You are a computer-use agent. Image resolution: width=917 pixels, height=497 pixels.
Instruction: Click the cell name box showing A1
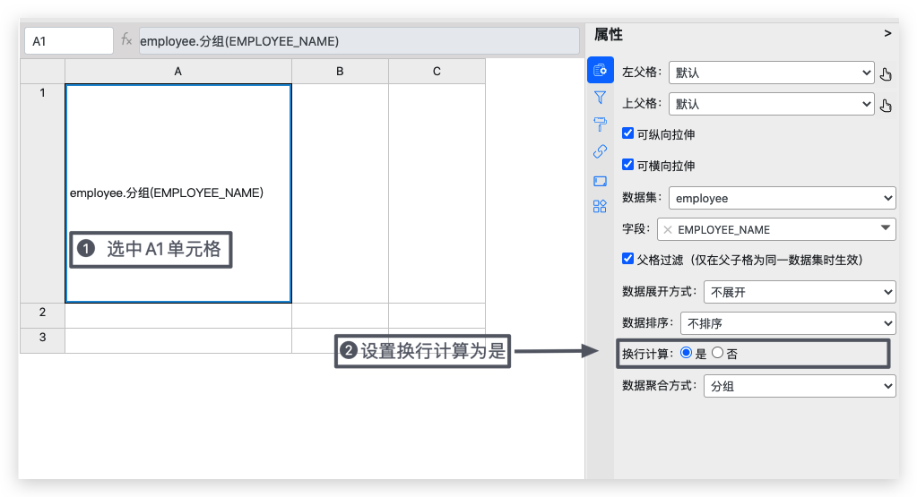pyautogui.click(x=69, y=41)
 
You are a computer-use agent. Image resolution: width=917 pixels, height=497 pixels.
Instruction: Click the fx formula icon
pyautogui.click(x=126, y=39)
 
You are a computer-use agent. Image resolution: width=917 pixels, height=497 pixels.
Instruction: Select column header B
pyautogui.click(x=340, y=72)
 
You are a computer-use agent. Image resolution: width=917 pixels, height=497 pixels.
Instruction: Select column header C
pyautogui.click(x=437, y=72)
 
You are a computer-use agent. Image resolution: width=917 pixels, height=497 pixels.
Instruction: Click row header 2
pyautogui.click(x=43, y=313)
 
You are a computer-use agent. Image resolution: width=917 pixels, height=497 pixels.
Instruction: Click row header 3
pyautogui.click(x=43, y=338)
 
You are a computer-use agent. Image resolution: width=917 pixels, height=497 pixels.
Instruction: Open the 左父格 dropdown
pyautogui.click(x=772, y=73)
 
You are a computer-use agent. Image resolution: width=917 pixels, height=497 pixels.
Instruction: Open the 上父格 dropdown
pyautogui.click(x=772, y=105)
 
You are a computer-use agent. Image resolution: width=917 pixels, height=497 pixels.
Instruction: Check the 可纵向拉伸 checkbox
pyautogui.click(x=628, y=133)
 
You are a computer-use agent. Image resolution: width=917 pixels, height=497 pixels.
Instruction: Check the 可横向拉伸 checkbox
pyautogui.click(x=628, y=165)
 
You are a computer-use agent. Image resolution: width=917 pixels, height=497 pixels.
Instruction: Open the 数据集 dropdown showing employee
pyautogui.click(x=782, y=198)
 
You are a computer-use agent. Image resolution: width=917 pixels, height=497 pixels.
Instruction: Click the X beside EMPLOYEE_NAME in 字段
pyautogui.click(x=667, y=229)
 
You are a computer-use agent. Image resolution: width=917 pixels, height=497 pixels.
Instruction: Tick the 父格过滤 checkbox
pyautogui.click(x=628, y=259)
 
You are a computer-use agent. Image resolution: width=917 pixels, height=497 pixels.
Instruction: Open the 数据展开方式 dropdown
pyautogui.click(x=800, y=292)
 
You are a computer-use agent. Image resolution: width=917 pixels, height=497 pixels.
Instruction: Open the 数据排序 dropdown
pyautogui.click(x=788, y=323)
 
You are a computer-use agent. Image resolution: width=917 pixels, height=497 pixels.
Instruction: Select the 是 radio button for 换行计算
pyautogui.click(x=687, y=353)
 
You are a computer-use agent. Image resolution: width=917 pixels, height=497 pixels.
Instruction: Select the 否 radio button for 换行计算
pyautogui.click(x=718, y=353)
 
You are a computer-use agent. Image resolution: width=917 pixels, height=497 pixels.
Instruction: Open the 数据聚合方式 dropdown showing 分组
pyautogui.click(x=800, y=386)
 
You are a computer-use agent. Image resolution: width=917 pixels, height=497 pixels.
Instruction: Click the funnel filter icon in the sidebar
pyautogui.click(x=600, y=98)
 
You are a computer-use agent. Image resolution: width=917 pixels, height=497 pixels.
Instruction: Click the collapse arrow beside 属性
pyautogui.click(x=887, y=34)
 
